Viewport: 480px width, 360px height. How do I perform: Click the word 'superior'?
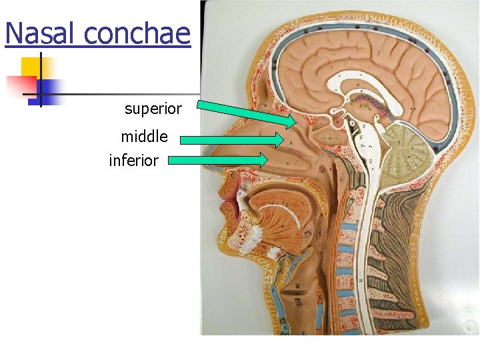pyautogui.click(x=153, y=109)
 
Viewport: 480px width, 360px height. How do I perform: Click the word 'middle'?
pyautogui.click(x=144, y=137)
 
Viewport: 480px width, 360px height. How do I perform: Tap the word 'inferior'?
pyautogui.click(x=133, y=161)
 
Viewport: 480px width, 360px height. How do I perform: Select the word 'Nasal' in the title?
pyautogui.click(x=43, y=33)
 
